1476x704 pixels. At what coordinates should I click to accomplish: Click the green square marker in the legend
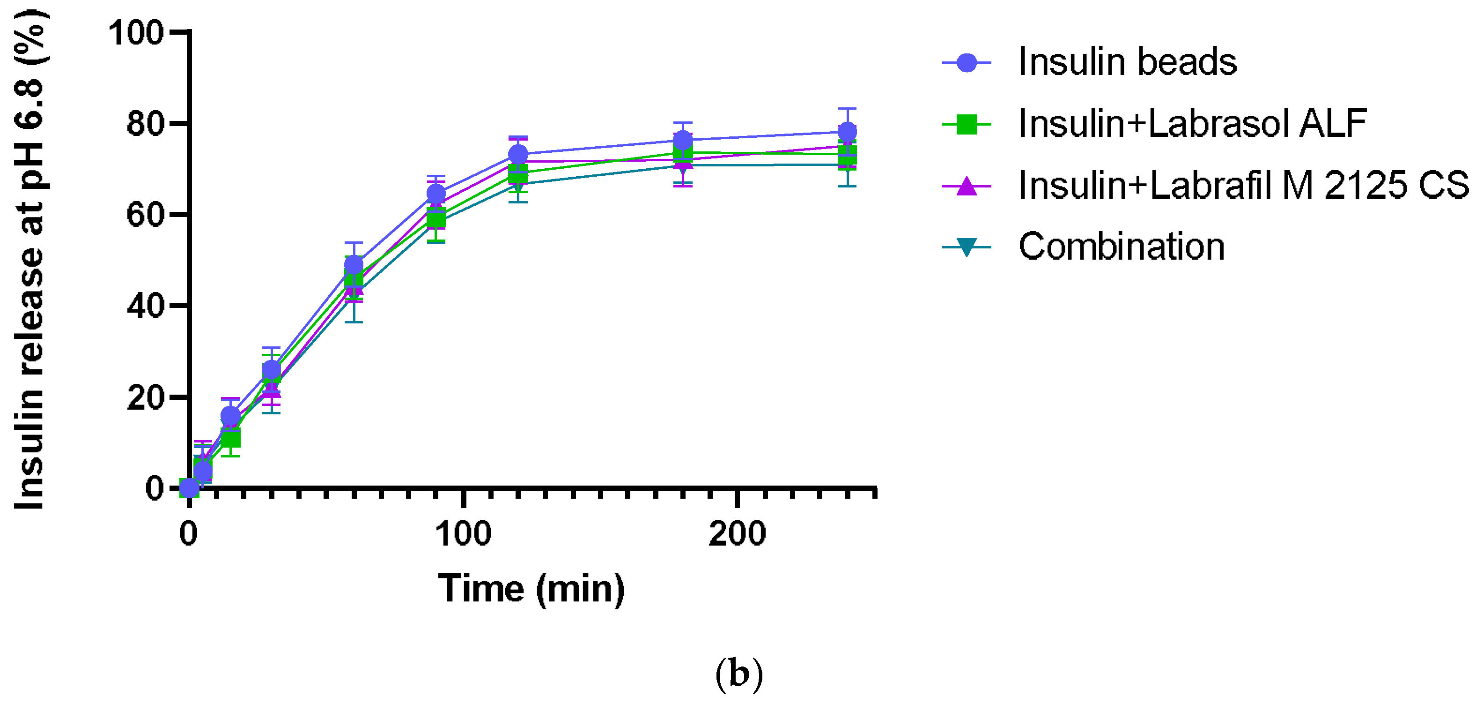[967, 124]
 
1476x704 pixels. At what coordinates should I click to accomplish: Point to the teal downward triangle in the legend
[967, 247]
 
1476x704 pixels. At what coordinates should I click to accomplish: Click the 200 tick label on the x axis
[737, 534]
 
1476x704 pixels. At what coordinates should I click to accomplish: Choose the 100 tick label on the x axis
[463, 534]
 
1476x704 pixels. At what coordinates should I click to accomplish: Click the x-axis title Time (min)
[531, 589]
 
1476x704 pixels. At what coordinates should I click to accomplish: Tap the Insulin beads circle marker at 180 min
[682, 140]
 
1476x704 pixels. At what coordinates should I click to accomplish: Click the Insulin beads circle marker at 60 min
[354, 265]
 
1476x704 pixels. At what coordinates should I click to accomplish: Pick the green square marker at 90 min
[436, 219]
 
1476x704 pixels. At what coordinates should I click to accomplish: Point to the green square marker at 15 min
[230, 439]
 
